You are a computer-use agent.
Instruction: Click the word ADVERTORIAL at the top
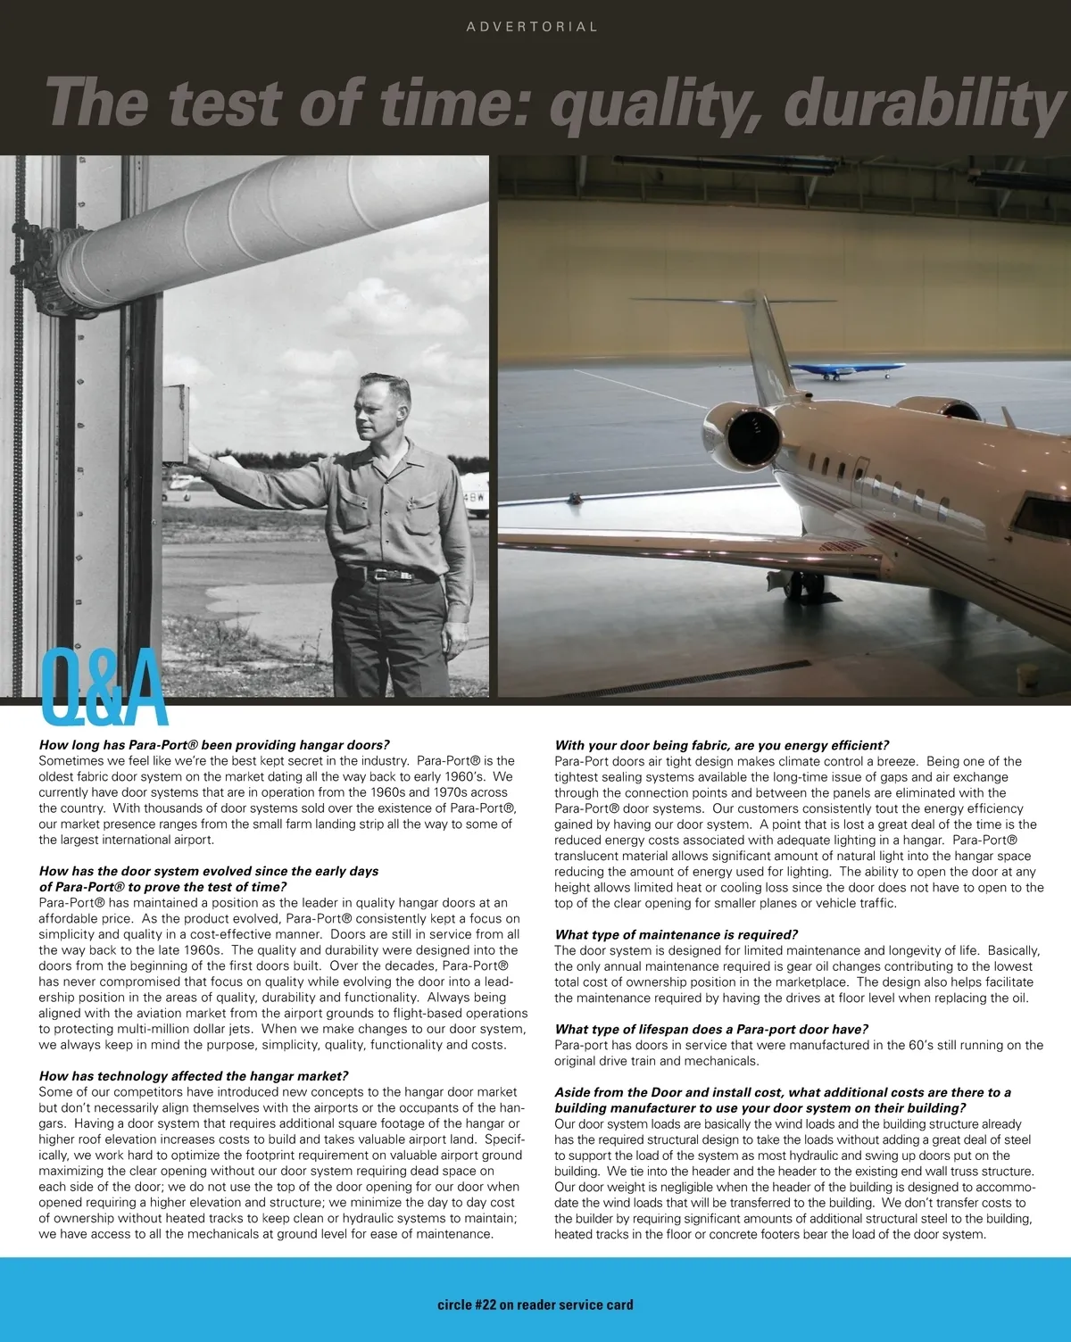point(532,27)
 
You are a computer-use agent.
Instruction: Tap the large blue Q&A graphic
point(104,690)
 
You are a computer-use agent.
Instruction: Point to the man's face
point(381,411)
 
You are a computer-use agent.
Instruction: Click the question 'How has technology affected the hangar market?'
point(194,1076)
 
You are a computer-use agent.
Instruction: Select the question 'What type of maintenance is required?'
point(676,934)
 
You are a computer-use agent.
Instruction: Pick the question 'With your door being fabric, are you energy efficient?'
point(721,745)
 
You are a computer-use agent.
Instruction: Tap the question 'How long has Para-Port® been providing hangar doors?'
point(214,745)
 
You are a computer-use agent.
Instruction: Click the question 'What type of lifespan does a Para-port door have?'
point(711,1029)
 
